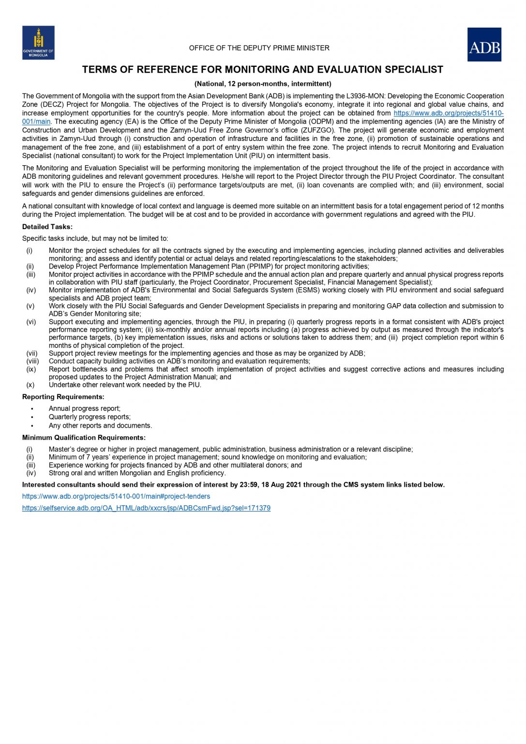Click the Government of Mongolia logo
[x=38, y=43]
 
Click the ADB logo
[x=484, y=45]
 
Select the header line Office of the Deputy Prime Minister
[x=259, y=48]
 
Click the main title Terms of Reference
[x=262, y=70]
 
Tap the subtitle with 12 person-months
[x=263, y=84]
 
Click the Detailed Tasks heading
[x=47, y=227]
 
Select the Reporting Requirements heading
[x=63, y=397]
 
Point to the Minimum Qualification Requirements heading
[x=84, y=437]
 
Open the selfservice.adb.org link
[x=146, y=508]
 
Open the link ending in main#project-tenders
[x=116, y=496]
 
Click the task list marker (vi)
[x=31, y=322]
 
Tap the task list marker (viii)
[x=32, y=361]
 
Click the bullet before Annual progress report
[x=32, y=409]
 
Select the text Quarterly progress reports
[x=90, y=417]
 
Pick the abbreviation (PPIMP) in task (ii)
[x=261, y=266]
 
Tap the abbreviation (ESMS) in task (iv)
[x=308, y=290]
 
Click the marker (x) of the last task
[x=30, y=385]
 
